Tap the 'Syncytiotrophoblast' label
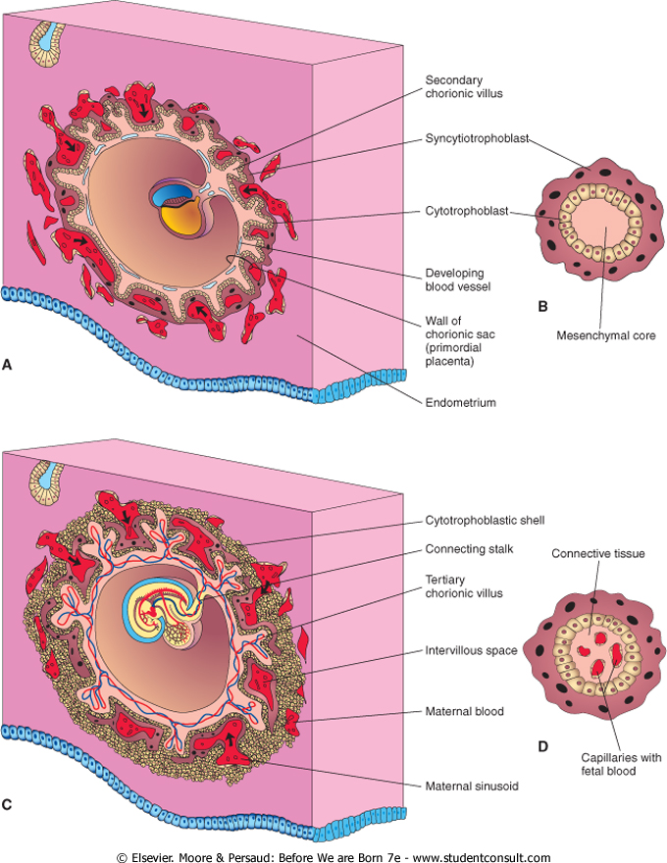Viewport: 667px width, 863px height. pos(479,139)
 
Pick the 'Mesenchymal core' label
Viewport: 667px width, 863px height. pos(605,334)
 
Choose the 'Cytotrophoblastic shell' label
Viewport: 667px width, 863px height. pos(485,520)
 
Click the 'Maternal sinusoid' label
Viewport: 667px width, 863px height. pos(472,786)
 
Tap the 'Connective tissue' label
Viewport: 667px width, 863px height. pos(597,554)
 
